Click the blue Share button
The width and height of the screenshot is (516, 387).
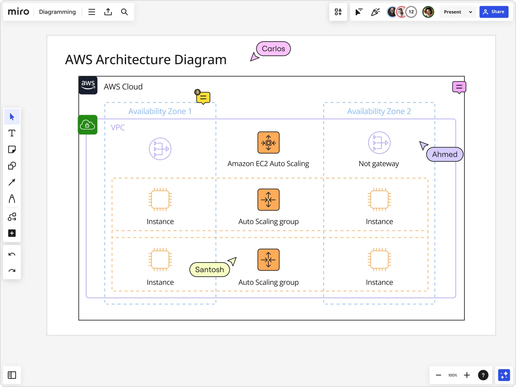(x=493, y=12)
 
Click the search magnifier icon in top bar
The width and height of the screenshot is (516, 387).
(x=124, y=12)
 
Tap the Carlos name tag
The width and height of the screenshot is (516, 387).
(x=273, y=49)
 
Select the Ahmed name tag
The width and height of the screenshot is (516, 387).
(x=444, y=154)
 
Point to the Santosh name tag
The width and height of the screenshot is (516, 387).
(x=209, y=270)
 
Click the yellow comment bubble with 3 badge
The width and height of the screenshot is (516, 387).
(x=203, y=97)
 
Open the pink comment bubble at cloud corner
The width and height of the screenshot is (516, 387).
(x=459, y=87)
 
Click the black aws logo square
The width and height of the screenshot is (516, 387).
(x=88, y=85)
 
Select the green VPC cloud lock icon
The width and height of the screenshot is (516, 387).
(x=88, y=125)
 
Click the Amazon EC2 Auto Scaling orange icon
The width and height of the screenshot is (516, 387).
(x=268, y=143)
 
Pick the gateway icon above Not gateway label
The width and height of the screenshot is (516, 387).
(x=379, y=143)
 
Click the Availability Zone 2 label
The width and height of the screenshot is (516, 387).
(x=379, y=111)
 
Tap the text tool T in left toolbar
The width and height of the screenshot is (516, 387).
(x=12, y=133)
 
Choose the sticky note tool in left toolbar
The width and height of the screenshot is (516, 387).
(x=12, y=150)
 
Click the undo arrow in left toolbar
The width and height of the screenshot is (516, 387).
(x=12, y=254)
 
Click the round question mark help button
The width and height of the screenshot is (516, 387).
(x=483, y=375)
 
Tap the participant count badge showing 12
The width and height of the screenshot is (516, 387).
(x=411, y=12)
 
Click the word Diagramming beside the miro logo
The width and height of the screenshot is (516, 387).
(x=57, y=12)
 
